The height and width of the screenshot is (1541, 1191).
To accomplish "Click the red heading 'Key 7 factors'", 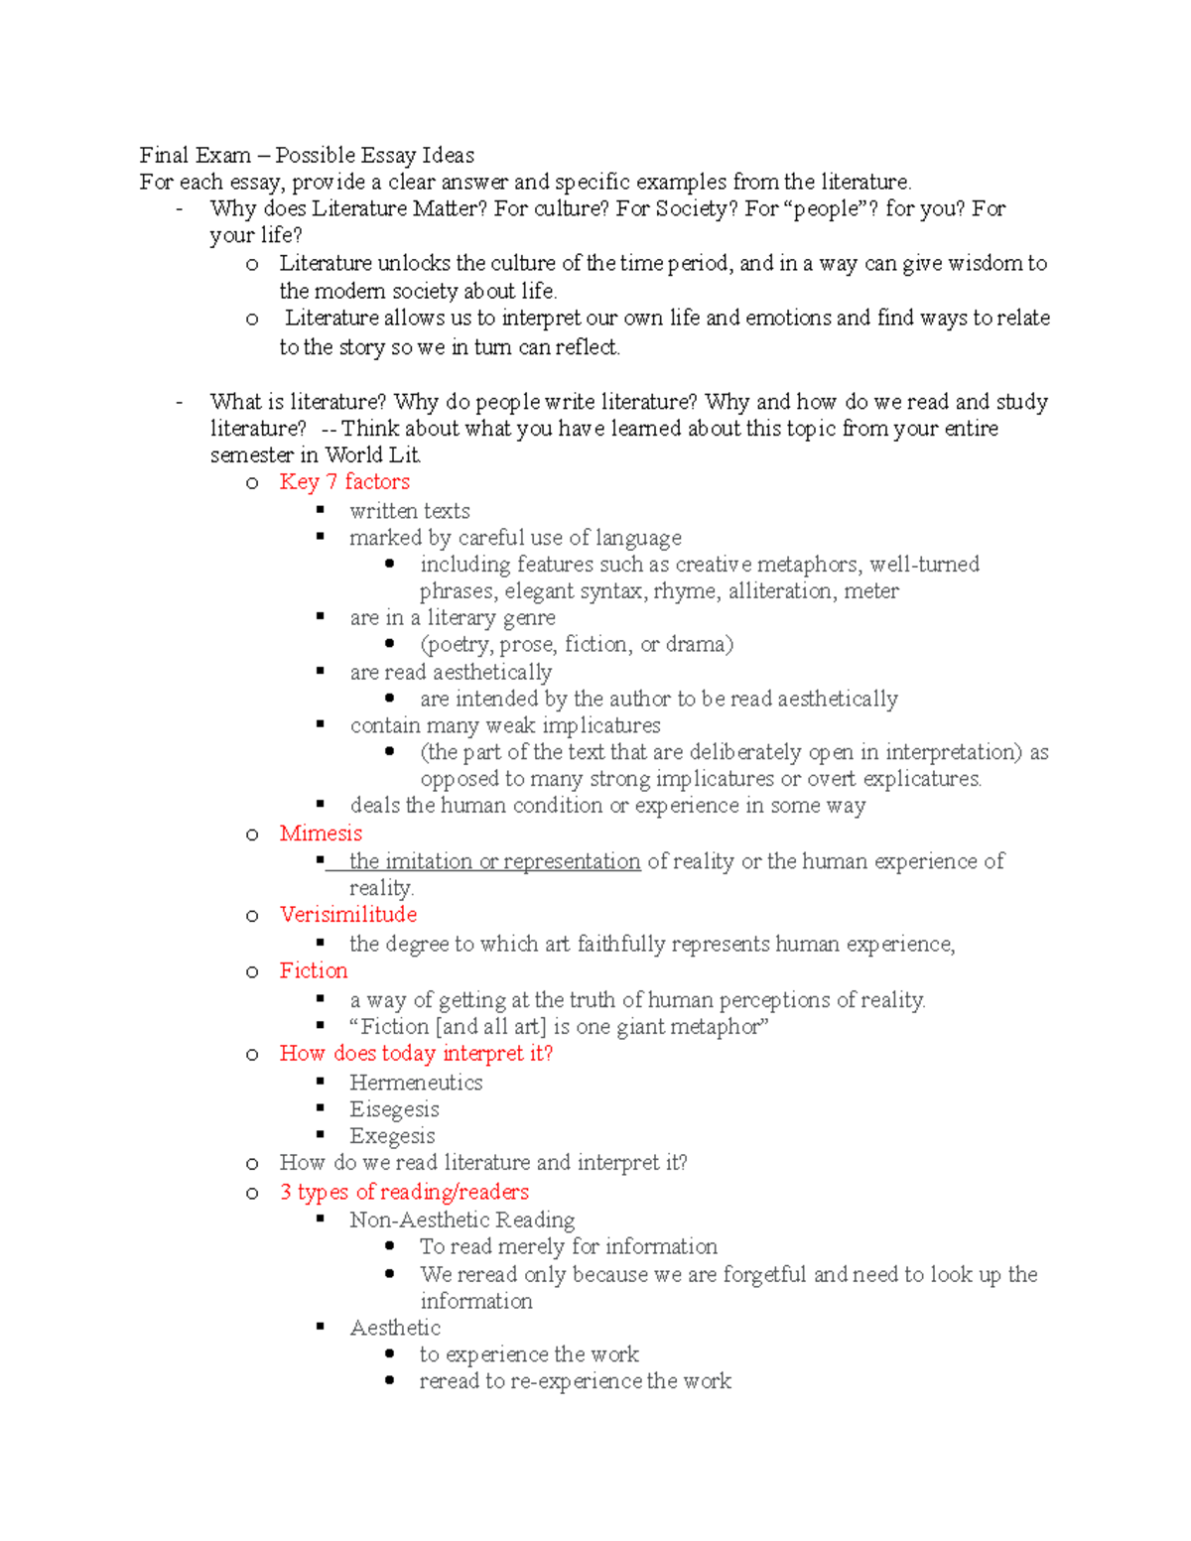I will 344,482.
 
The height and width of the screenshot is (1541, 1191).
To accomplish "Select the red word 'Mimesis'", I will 321,834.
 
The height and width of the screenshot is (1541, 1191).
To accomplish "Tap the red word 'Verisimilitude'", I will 347,915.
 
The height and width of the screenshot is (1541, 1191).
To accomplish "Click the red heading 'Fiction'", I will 314,970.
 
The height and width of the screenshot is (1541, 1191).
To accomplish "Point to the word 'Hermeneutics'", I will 416,1083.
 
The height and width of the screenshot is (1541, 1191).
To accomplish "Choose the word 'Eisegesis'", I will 394,1109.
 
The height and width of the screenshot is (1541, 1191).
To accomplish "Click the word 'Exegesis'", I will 392,1136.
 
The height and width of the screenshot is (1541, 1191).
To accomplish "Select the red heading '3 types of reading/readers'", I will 404,1192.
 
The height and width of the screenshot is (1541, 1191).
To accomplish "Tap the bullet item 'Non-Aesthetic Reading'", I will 462,1220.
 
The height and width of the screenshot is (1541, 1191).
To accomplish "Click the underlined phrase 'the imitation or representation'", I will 494,861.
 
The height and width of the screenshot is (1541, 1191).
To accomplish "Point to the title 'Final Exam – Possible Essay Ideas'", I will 307,155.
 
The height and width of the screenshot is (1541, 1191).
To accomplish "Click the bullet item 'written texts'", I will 409,511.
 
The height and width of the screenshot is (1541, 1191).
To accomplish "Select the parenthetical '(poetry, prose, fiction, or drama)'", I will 577,645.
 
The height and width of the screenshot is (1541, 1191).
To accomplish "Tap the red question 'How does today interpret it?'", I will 416,1054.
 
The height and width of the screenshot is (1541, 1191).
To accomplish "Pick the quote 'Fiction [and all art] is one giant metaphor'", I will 559,1027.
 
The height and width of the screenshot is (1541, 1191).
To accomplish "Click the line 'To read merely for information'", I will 568,1246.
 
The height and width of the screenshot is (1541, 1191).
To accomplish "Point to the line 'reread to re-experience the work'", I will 575,1381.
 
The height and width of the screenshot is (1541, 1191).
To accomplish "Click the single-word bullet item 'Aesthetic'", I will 395,1328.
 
